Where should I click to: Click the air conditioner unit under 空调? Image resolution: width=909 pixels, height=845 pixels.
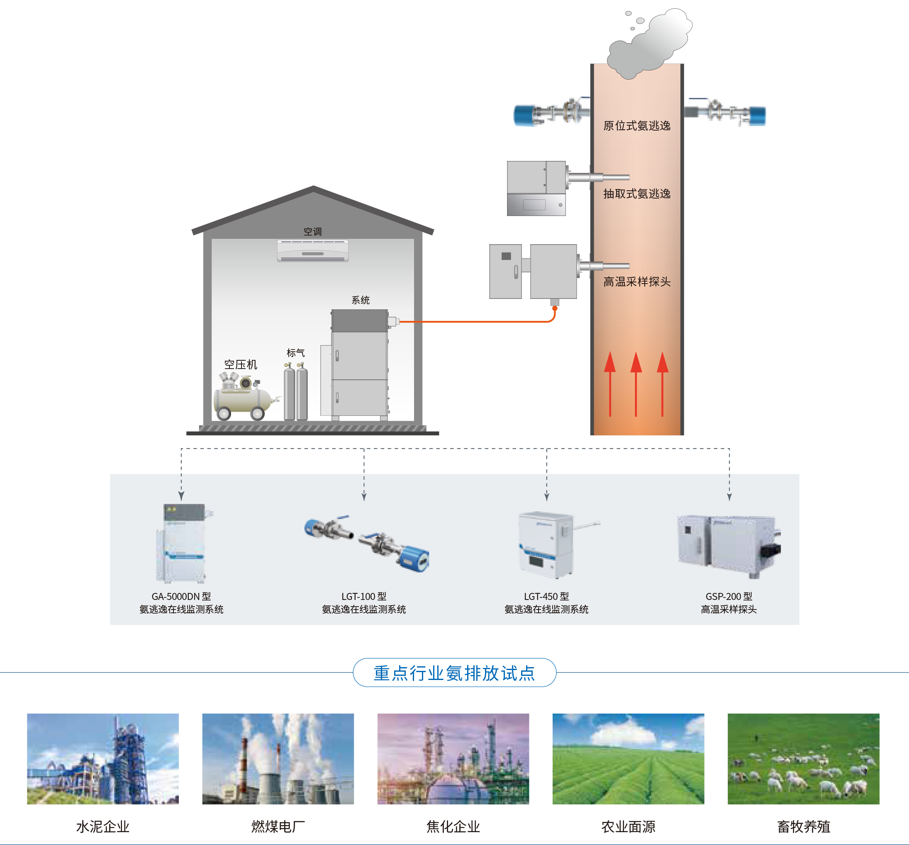click(313, 251)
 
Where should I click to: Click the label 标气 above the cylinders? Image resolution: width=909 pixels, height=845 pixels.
click(295, 353)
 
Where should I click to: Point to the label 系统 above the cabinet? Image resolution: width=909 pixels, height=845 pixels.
click(360, 300)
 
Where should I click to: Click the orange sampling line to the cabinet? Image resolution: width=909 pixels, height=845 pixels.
click(475, 322)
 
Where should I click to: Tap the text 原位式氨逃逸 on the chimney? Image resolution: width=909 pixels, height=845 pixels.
click(636, 126)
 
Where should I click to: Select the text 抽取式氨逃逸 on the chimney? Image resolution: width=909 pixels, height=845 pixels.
click(636, 194)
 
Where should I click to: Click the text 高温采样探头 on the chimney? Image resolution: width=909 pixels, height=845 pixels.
click(636, 282)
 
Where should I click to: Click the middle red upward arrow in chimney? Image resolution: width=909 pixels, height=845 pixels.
click(636, 384)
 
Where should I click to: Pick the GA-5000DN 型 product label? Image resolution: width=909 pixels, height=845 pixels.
click(181, 596)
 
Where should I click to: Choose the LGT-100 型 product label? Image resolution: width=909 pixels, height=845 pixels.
click(364, 596)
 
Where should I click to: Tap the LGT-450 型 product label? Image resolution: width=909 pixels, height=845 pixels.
click(546, 596)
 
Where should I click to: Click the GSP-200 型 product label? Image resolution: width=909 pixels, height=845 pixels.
click(729, 596)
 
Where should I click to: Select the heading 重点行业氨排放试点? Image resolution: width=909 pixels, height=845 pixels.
click(454, 673)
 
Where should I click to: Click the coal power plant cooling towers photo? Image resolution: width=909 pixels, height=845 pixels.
click(278, 759)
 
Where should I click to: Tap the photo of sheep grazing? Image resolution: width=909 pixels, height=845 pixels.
click(803, 759)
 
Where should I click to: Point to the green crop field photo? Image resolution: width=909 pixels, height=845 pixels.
click(628, 759)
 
